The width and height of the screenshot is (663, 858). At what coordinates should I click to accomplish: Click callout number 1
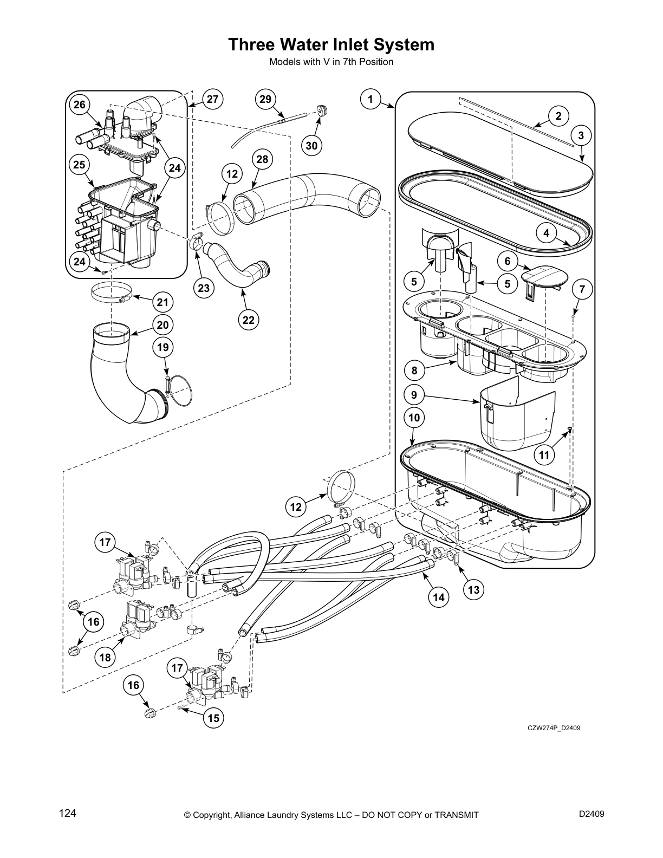[x=370, y=99]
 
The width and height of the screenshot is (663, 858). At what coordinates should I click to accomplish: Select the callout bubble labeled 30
[x=311, y=145]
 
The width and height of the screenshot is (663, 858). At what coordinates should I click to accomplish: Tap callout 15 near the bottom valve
[x=214, y=718]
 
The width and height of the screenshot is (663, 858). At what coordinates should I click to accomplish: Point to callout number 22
[x=248, y=320]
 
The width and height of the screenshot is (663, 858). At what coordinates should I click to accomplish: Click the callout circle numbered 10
[x=414, y=418]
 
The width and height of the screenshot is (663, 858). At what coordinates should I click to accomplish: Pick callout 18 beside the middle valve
[x=105, y=658]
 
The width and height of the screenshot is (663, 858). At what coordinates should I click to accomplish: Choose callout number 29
[x=265, y=99]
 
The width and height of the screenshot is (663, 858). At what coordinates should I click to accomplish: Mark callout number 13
[x=473, y=590]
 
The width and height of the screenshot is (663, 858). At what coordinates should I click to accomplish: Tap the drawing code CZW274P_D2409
[x=554, y=727]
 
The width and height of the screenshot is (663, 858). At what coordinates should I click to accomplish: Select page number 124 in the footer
[x=68, y=813]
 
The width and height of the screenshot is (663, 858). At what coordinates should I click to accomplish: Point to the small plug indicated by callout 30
[x=323, y=111]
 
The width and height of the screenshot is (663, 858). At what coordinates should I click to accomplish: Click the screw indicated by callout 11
[x=569, y=431]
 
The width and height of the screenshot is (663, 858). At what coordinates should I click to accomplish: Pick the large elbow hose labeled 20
[x=116, y=374]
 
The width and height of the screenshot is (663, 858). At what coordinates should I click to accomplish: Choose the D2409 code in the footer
[x=591, y=813]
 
